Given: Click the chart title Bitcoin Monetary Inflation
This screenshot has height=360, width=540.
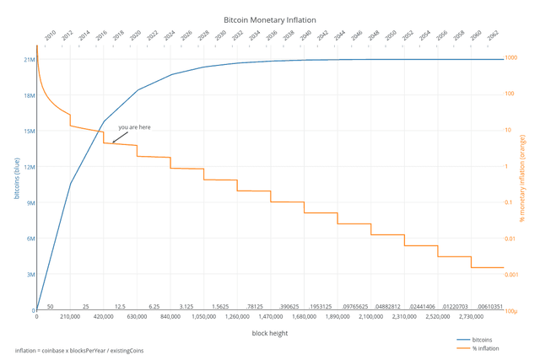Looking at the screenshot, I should pyautogui.click(x=269, y=19).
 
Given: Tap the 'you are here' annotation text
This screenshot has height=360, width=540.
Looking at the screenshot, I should pyautogui.click(x=134, y=127).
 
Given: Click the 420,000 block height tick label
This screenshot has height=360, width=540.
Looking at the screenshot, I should pyautogui.click(x=104, y=317).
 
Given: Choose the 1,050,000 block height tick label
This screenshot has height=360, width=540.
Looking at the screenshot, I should pyautogui.click(x=203, y=317).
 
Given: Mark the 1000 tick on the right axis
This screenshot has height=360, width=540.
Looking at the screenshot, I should pyautogui.click(x=510, y=57).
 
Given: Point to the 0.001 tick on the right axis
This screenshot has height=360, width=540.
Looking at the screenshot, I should pyautogui.click(x=512, y=275).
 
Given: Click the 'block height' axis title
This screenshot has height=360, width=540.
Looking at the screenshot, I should pyautogui.click(x=269, y=334).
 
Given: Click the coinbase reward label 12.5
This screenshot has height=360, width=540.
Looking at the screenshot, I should pyautogui.click(x=120, y=307).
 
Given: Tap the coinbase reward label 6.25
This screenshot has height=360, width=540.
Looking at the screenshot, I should pyautogui.click(x=154, y=307).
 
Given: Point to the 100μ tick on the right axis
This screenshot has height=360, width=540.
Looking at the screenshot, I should pyautogui.click(x=511, y=311).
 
